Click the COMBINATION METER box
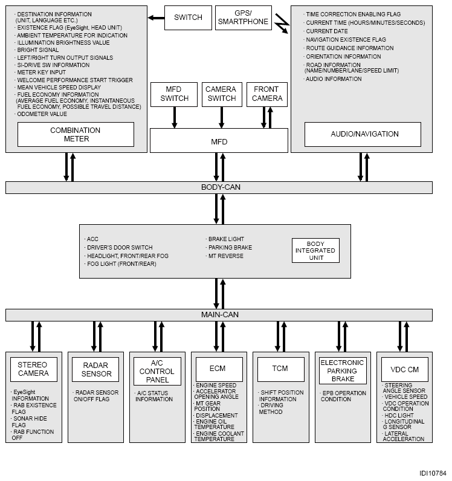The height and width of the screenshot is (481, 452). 76,134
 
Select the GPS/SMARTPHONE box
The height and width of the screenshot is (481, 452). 244,18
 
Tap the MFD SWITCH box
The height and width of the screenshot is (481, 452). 174,94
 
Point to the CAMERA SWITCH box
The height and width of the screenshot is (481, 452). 222,94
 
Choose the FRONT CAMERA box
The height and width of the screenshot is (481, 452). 267,94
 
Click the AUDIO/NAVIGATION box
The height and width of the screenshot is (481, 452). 363,134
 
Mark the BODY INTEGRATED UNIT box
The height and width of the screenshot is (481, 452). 316,251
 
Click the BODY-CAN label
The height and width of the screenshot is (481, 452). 221,187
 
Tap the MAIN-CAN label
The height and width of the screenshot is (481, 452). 220,315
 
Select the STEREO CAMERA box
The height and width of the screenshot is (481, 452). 34,369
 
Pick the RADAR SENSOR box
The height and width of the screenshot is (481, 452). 95,369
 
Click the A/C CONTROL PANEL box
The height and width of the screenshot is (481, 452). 158,371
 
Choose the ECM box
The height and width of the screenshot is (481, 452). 219,369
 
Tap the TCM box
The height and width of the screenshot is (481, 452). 281,369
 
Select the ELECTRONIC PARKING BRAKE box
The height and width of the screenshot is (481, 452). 343,370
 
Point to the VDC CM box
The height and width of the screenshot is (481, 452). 405,369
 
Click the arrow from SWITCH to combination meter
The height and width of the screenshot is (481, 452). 156,18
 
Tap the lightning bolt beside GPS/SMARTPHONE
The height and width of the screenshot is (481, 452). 282,24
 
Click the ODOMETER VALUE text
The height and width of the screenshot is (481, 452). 42,114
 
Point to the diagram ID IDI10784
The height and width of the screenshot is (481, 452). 433,473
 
